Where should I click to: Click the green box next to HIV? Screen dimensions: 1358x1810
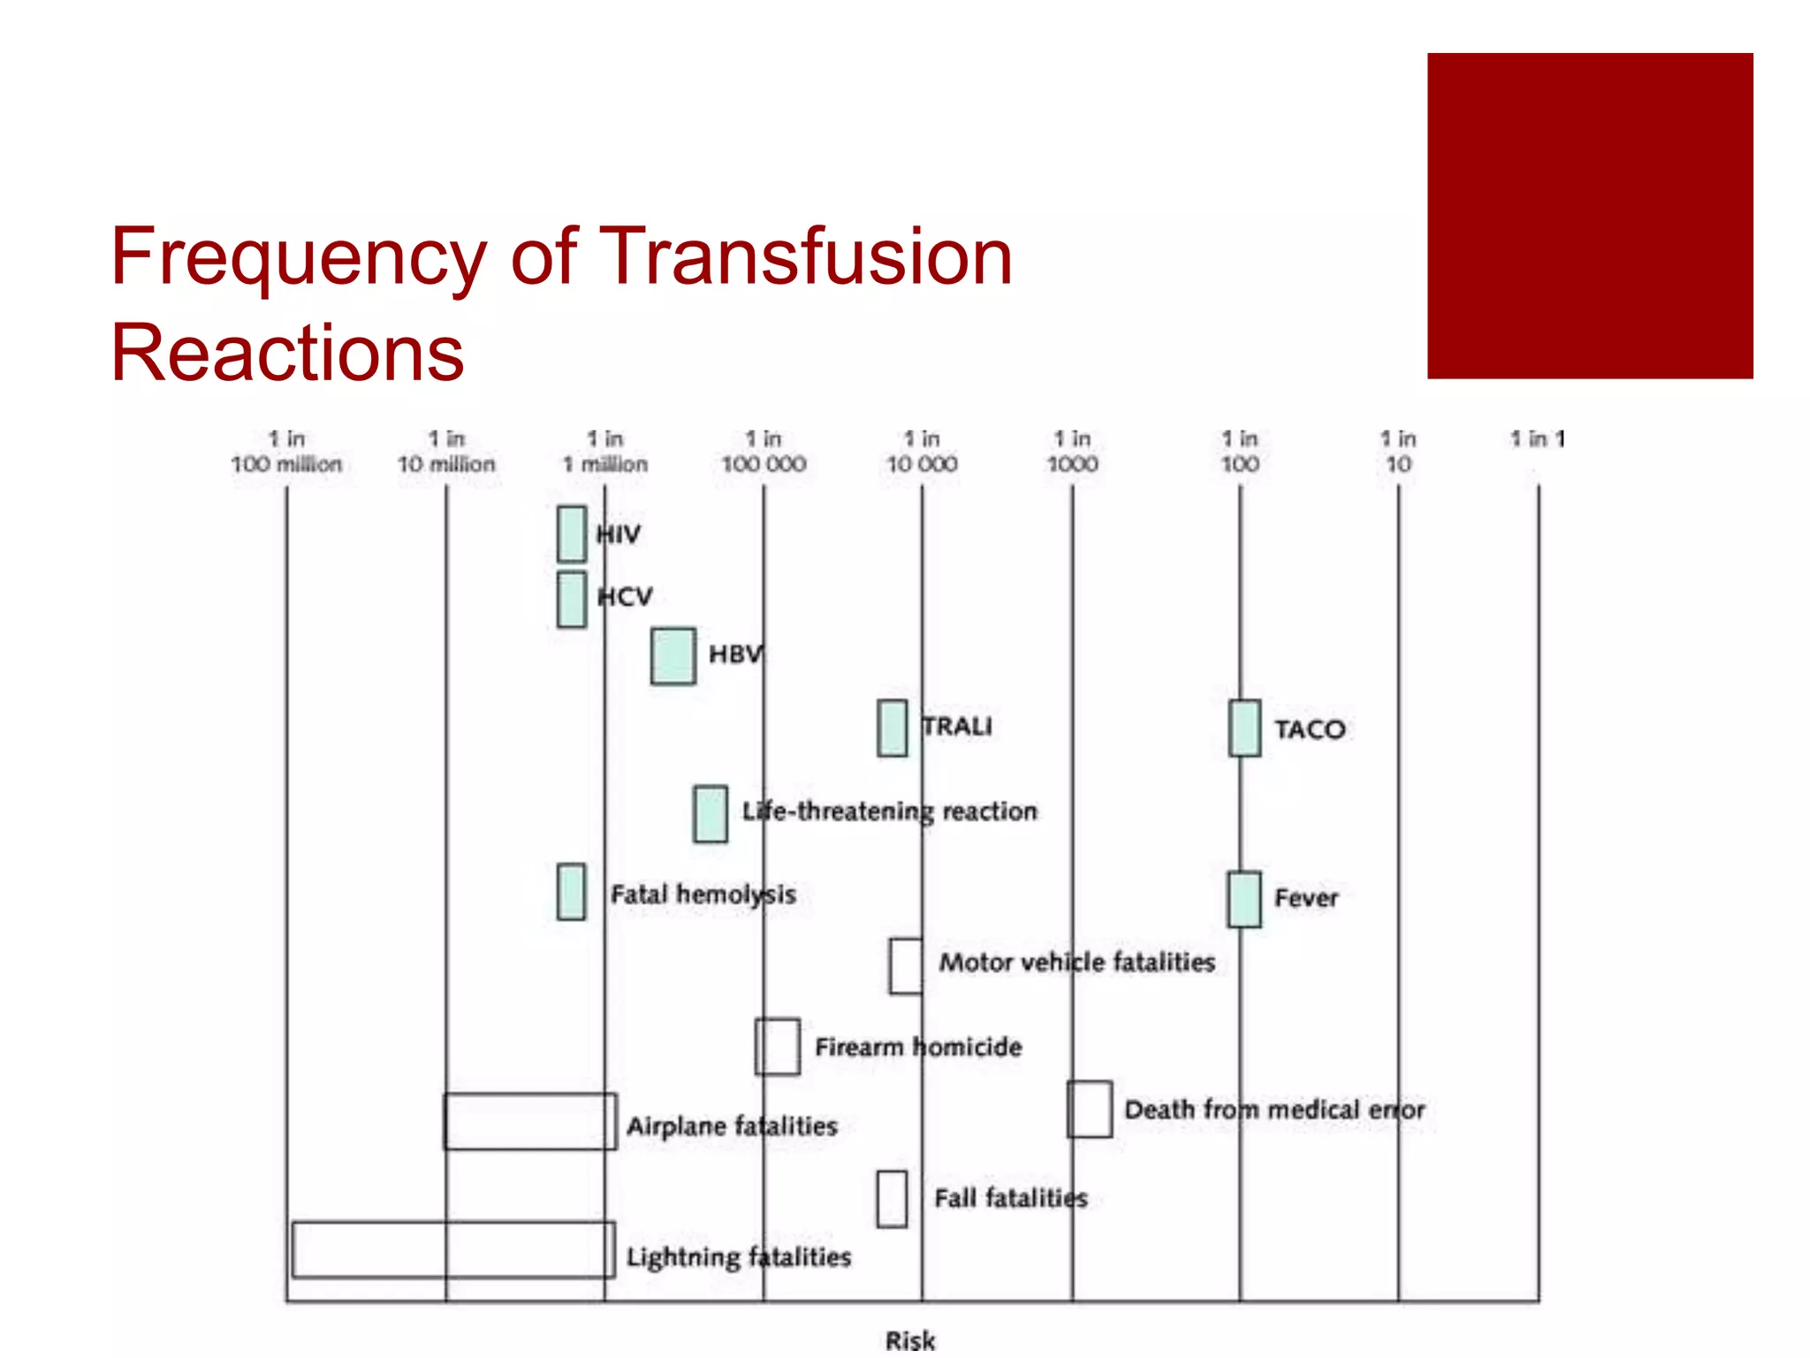[x=572, y=534]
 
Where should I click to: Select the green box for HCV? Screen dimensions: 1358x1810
[x=572, y=599]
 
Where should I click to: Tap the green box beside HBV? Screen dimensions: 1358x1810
[x=673, y=656]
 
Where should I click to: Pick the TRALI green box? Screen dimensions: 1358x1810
[x=892, y=729]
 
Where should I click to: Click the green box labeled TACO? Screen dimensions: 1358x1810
[x=1244, y=729]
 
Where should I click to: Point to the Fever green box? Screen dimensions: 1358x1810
[x=1243, y=899]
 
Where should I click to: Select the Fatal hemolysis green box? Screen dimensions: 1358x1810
[x=571, y=892]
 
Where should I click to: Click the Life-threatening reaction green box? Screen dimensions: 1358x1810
[x=711, y=813]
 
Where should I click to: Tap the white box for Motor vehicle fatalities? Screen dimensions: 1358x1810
[x=906, y=966]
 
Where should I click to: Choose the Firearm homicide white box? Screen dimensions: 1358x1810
[x=778, y=1047]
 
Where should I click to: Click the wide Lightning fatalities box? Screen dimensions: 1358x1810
[x=453, y=1249]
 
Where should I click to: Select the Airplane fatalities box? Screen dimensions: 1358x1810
[x=530, y=1121]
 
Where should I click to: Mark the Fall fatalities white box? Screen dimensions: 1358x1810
[x=892, y=1199]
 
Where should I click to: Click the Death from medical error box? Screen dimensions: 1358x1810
[x=1089, y=1109]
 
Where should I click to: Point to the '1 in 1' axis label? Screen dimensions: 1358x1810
[x=1537, y=439]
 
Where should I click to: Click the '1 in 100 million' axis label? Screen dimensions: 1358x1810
[x=286, y=452]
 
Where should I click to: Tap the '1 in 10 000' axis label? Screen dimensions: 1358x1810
[x=922, y=452]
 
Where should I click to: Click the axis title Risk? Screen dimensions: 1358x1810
[x=910, y=1340]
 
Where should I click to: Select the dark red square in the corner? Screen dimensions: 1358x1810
[x=1589, y=216]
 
